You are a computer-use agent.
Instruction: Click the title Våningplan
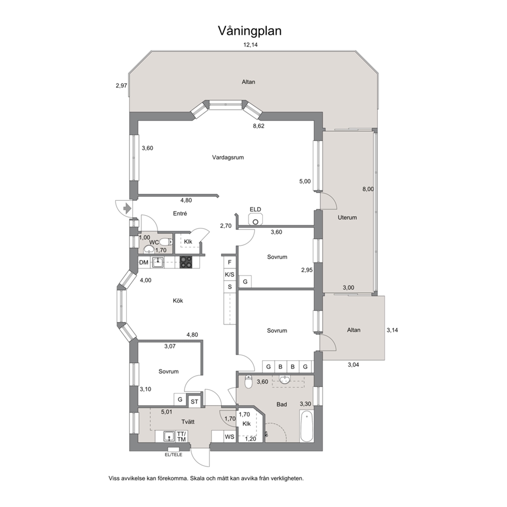[250, 31]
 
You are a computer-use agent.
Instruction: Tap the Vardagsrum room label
[228, 157]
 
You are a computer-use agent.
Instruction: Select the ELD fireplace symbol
[255, 220]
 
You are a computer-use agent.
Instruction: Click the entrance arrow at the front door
[127, 208]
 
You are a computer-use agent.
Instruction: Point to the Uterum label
[347, 217]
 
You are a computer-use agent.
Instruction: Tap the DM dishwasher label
[144, 263]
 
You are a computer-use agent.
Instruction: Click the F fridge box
[230, 262]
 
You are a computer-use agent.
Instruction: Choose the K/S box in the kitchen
[230, 274]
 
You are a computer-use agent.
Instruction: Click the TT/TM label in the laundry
[181, 436]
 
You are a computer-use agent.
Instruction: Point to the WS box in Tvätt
[229, 436]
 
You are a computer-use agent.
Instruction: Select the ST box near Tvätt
[194, 401]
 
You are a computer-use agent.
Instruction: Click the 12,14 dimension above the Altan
[250, 45]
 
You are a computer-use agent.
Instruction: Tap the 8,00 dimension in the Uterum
[368, 189]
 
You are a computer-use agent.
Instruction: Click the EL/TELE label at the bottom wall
[173, 454]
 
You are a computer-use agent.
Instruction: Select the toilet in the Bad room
[248, 381]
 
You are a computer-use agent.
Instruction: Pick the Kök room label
[177, 301]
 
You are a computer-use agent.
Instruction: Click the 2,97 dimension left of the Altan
[121, 85]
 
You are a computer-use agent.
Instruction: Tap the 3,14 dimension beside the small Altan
[392, 330]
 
